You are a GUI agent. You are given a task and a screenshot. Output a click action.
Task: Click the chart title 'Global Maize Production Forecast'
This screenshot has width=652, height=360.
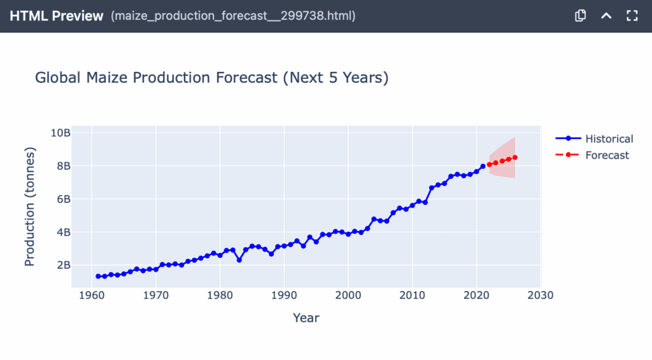[x=211, y=78]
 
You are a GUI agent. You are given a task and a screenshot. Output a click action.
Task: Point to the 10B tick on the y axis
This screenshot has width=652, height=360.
[x=61, y=133]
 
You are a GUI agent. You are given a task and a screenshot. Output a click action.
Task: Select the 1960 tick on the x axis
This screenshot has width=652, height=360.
[x=92, y=296]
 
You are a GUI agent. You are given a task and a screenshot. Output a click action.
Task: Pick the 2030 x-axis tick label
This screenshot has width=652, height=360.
[x=541, y=296]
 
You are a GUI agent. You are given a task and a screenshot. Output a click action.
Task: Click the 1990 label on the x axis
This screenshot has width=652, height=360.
[x=284, y=296]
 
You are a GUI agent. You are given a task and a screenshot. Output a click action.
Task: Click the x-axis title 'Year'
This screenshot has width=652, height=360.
[x=306, y=317]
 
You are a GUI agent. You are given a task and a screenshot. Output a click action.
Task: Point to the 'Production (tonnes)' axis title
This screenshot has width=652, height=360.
[x=30, y=206]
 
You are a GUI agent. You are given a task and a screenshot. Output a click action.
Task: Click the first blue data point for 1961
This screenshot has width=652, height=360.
[x=98, y=276]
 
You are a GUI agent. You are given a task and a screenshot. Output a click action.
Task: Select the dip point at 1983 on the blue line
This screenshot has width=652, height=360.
[x=239, y=259]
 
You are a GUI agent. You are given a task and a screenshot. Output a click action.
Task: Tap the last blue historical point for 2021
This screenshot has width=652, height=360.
[x=483, y=166]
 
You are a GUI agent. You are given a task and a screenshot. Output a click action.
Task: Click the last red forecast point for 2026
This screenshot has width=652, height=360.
[x=515, y=157]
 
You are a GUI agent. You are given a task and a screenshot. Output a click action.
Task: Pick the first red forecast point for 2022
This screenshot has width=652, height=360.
[x=489, y=164]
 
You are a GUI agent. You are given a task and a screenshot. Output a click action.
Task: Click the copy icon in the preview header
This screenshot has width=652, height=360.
[x=580, y=16]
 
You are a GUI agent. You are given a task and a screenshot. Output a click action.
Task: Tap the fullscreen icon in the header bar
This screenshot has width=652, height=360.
[x=632, y=16]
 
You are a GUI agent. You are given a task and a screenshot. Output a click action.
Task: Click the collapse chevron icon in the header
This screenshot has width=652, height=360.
[x=606, y=16]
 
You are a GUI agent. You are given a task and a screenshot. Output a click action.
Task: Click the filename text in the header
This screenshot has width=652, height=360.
[x=233, y=16]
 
